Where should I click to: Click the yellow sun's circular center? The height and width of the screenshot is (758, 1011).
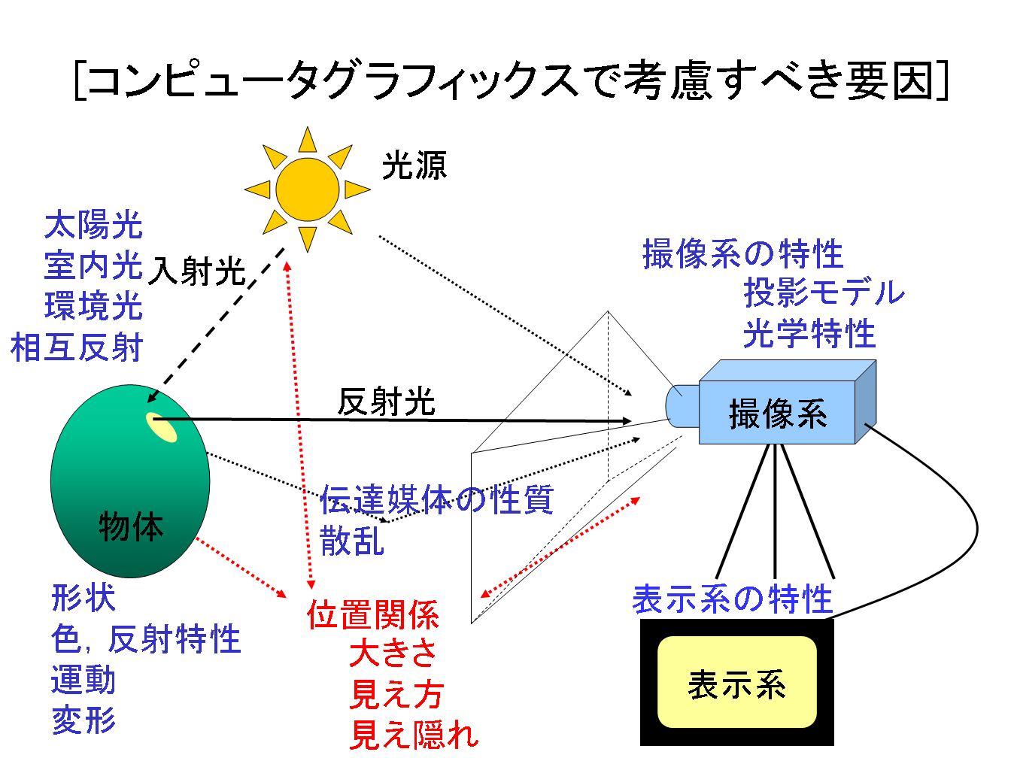[307, 189]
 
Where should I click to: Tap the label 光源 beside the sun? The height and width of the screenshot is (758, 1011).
[414, 165]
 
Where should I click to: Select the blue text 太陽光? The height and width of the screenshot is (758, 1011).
[93, 226]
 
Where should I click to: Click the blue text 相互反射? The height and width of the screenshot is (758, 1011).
[77, 348]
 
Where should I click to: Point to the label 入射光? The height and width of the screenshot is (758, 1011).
[197, 271]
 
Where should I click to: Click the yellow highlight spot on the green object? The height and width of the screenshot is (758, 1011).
[162, 426]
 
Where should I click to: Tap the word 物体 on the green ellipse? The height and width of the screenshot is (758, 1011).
[131, 526]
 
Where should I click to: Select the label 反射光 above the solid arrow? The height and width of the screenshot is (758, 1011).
[386, 402]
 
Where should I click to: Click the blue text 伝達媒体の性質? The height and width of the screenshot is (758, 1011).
[436, 499]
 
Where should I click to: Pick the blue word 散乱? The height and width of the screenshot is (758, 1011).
[352, 540]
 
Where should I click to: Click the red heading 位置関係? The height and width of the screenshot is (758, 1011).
[373, 615]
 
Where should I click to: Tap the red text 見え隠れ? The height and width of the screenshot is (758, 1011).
[414, 734]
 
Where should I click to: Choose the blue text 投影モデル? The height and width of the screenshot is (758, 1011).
[824, 293]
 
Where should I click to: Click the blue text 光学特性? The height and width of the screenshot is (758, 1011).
[809, 333]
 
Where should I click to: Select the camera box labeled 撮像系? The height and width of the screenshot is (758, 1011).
[778, 413]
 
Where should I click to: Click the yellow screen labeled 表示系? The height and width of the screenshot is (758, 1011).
[736, 683]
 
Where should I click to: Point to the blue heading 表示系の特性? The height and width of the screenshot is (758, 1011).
[732, 599]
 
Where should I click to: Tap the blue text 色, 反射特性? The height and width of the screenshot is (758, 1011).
[146, 639]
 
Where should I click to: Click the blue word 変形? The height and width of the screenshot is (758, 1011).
[83, 720]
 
